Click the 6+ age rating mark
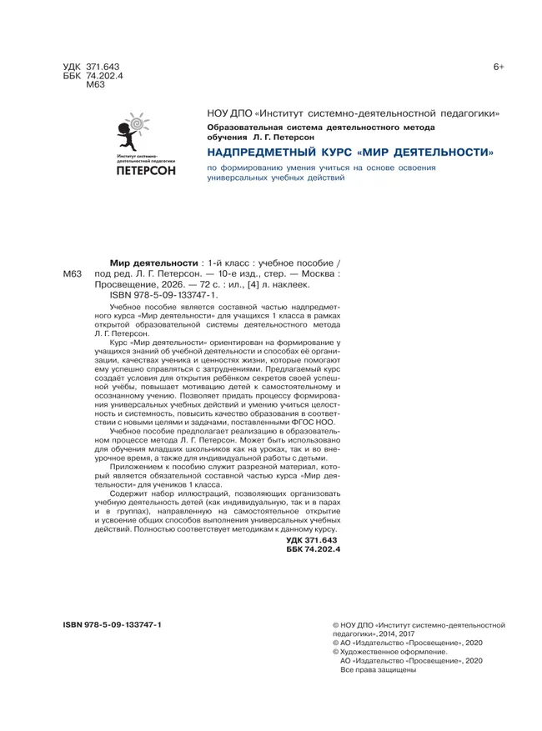pyautogui.click(x=498, y=66)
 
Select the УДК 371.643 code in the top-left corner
pyautogui.click(x=92, y=66)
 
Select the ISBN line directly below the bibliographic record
pyautogui.click(x=163, y=295)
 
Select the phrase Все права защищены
pyautogui.click(x=379, y=670)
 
